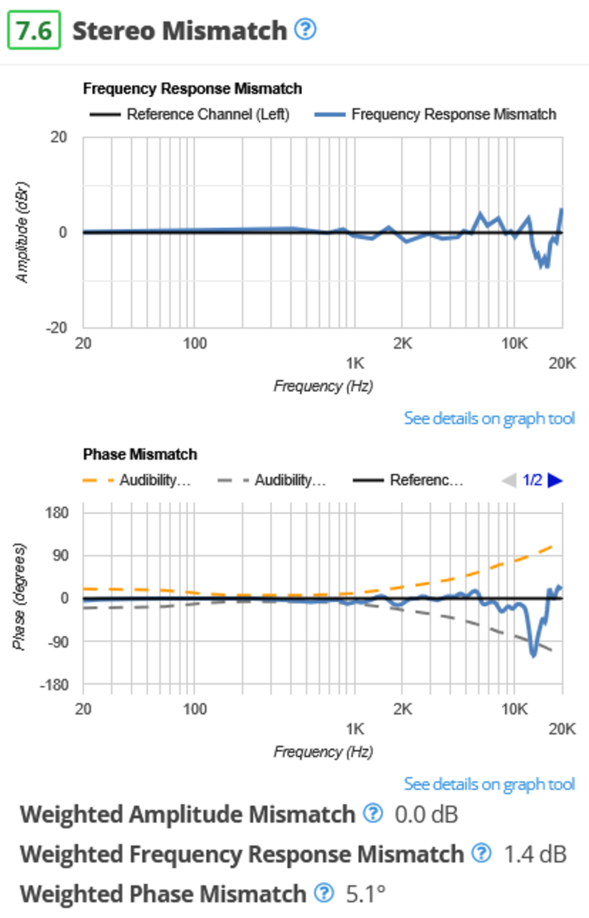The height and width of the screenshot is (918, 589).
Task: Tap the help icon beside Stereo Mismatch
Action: point(305,29)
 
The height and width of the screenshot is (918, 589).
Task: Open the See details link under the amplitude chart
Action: point(489,418)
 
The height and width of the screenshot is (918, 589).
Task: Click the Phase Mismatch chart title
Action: point(140,454)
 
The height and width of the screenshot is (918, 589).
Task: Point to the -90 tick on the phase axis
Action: point(57,642)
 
